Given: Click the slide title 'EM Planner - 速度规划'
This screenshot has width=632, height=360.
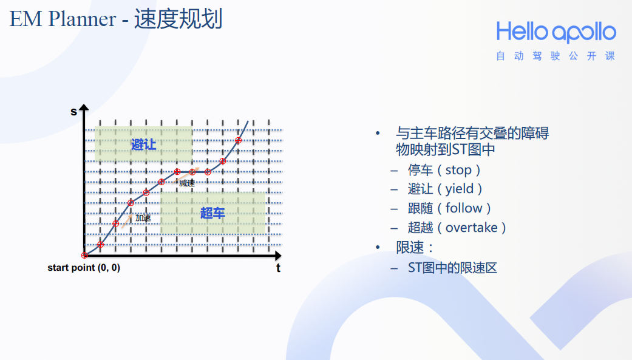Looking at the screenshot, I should [116, 19].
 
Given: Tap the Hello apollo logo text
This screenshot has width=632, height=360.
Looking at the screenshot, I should [556, 32].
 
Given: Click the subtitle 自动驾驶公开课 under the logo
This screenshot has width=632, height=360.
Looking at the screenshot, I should [556, 56].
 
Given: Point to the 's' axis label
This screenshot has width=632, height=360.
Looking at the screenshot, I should [74, 111].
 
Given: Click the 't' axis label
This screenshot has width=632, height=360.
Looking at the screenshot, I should [279, 268].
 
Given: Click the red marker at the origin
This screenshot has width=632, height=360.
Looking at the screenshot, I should [84, 256].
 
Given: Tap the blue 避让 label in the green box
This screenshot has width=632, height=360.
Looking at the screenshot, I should [144, 144].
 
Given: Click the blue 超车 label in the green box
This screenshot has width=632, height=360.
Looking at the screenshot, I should [212, 213].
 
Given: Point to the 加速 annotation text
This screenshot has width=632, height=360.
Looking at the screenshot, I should [143, 217].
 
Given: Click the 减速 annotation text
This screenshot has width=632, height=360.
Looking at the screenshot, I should [187, 183].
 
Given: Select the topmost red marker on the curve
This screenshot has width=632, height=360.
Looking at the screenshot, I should [238, 140].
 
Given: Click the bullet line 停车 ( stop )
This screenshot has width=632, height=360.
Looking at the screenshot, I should [444, 170].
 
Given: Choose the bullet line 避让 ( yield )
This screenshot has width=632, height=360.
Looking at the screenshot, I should [446, 189].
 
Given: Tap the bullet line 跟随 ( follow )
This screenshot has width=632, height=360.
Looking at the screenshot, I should [449, 208].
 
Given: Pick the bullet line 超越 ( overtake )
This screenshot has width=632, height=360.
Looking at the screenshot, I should [457, 228].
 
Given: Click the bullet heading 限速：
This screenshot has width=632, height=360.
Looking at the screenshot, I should [416, 247].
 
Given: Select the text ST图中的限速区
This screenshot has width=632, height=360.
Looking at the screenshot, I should [452, 267].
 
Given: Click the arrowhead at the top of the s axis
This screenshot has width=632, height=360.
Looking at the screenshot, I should [84, 108].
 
